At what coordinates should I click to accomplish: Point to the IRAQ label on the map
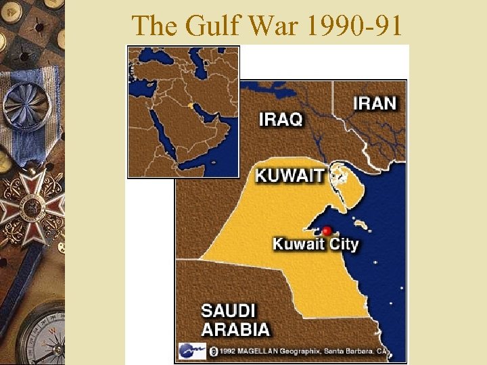281,120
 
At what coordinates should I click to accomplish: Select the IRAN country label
374,103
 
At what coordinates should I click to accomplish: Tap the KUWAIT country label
289,176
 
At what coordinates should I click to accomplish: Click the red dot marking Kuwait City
327,230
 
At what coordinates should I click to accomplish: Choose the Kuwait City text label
315,244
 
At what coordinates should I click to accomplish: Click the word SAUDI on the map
228,312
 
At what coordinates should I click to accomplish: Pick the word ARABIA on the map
235,330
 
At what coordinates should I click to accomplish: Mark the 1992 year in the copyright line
226,351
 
